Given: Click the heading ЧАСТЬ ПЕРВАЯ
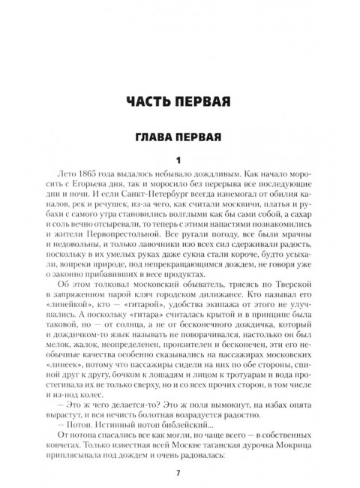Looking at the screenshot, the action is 179,101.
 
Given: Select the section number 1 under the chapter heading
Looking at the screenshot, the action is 179,160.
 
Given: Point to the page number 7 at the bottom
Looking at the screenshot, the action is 179,472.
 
